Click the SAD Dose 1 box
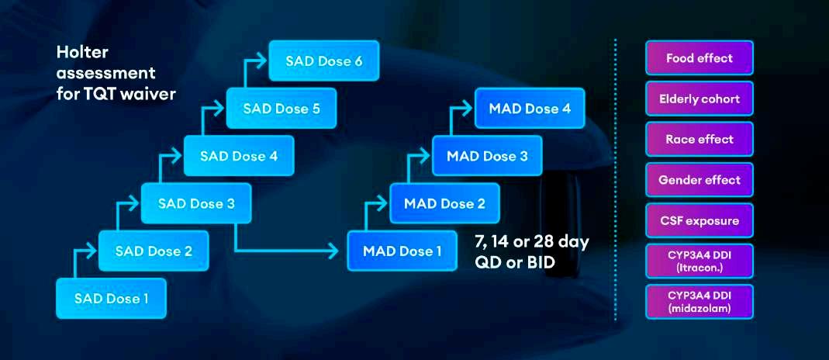click(x=111, y=298)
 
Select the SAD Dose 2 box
click(x=153, y=251)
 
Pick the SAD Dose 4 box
click(x=238, y=155)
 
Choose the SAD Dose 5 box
click(x=281, y=108)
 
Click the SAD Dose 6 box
click(x=323, y=61)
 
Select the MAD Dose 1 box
click(x=402, y=251)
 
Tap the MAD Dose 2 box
click(x=444, y=203)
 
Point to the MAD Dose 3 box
click(x=487, y=156)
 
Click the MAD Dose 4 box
click(x=530, y=109)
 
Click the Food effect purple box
click(x=699, y=58)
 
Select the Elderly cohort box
click(x=699, y=99)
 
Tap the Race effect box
click(x=699, y=139)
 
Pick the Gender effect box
click(x=699, y=180)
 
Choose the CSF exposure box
click(x=699, y=220)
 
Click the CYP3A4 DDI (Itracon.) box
click(x=699, y=261)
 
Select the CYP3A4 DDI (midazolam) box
click(x=699, y=302)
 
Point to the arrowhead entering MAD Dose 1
click(x=335, y=251)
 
